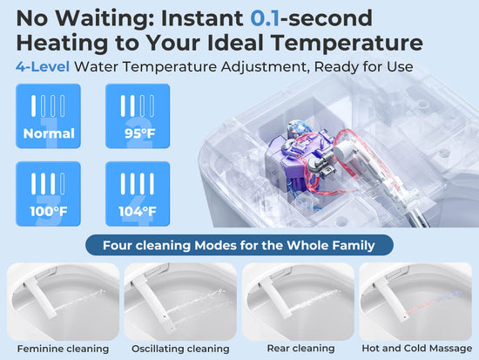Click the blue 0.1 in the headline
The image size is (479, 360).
265,18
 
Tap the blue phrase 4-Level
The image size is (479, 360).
43,66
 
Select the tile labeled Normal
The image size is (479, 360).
48,116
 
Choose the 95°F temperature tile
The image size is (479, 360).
138,116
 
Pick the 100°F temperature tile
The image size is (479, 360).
48,194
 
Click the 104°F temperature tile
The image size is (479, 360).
138,194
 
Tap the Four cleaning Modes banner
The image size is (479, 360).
239,245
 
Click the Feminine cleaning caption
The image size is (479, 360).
63,349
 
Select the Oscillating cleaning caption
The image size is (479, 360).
180,349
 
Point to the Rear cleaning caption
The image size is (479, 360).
301,349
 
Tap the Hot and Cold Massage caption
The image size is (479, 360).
417,349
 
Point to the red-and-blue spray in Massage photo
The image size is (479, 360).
434,302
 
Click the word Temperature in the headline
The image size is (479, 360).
347,43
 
